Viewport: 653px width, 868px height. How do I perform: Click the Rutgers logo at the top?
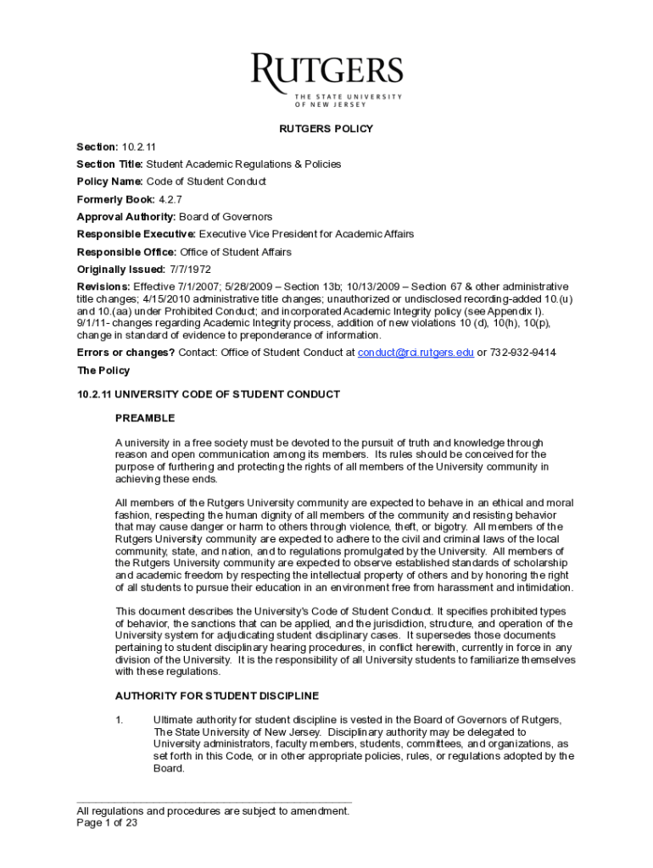326,80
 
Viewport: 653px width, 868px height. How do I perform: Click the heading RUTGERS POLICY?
326,129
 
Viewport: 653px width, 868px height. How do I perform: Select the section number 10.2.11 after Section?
139,147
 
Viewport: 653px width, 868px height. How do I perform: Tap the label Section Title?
110,164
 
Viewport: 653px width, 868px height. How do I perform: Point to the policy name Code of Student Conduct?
206,181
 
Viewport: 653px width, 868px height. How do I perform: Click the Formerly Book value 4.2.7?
171,199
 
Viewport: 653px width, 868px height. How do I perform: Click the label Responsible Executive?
137,234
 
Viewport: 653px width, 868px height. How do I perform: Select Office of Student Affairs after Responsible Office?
235,252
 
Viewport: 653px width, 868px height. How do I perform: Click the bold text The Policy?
103,370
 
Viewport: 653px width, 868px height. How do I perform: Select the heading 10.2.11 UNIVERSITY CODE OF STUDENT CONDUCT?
209,394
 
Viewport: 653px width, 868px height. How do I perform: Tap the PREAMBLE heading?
145,418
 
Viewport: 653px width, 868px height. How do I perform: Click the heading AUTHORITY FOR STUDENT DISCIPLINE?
217,696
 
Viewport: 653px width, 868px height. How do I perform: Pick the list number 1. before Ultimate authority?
120,720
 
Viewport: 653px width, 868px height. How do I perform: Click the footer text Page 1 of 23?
107,822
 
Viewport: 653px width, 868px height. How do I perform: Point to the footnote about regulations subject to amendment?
213,811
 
